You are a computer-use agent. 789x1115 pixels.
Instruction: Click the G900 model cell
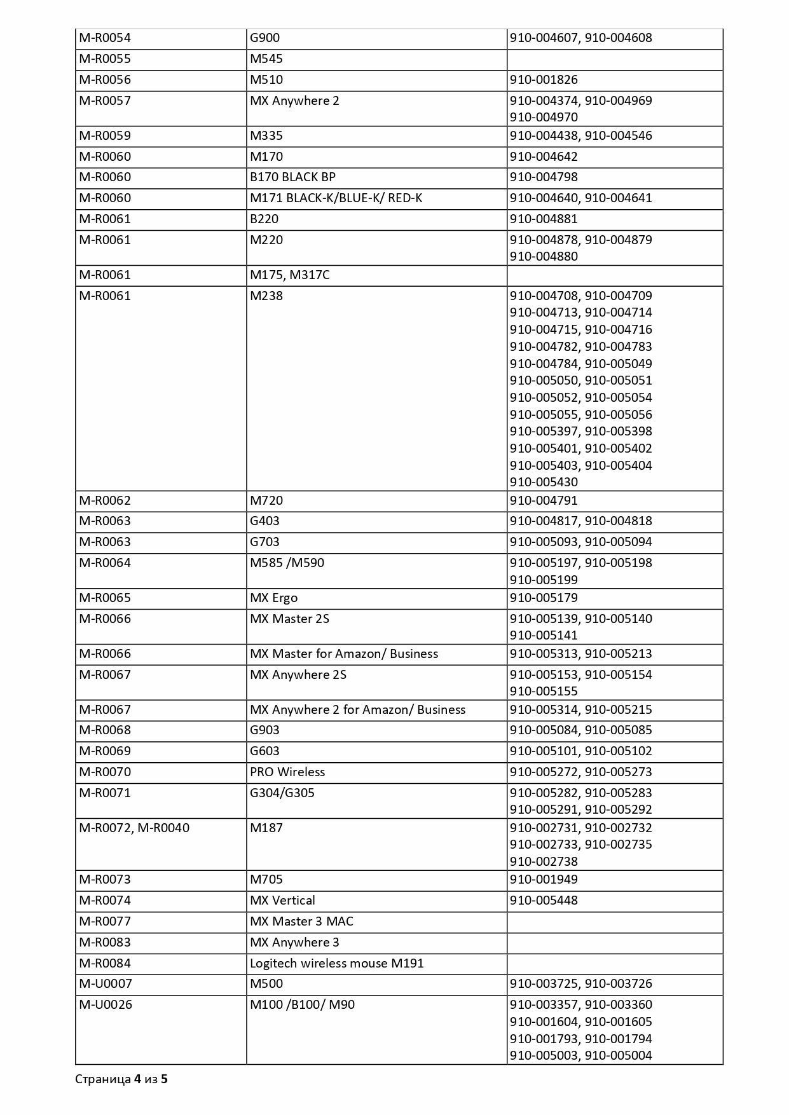[x=265, y=38]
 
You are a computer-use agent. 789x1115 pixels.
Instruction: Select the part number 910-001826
[x=544, y=80]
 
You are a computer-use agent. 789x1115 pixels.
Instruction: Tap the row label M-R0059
[x=105, y=136]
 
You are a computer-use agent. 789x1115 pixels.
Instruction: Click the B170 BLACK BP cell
[x=292, y=177]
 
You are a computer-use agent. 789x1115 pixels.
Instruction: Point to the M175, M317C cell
[x=290, y=275]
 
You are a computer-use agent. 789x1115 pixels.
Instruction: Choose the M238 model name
[x=266, y=296]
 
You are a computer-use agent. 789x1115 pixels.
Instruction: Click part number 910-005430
[x=544, y=482]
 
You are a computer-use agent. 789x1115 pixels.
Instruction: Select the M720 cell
[x=266, y=501]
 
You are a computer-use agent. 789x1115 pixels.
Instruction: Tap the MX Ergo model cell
[x=274, y=598]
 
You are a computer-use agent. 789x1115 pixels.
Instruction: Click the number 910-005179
[x=544, y=598]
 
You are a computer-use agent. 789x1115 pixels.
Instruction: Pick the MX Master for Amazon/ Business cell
[x=344, y=654]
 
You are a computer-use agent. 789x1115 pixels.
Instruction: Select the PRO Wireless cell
[x=287, y=772]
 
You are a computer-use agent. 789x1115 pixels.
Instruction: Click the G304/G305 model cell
[x=282, y=793]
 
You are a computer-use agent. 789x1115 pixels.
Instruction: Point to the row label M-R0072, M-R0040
[x=134, y=828]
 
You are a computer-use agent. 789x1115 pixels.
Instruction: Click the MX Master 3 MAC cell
[x=301, y=922]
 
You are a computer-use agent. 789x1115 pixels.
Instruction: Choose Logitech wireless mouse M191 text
[x=336, y=964]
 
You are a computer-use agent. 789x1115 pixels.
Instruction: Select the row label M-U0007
[x=106, y=984]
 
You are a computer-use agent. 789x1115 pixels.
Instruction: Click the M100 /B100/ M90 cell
[x=302, y=1005]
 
